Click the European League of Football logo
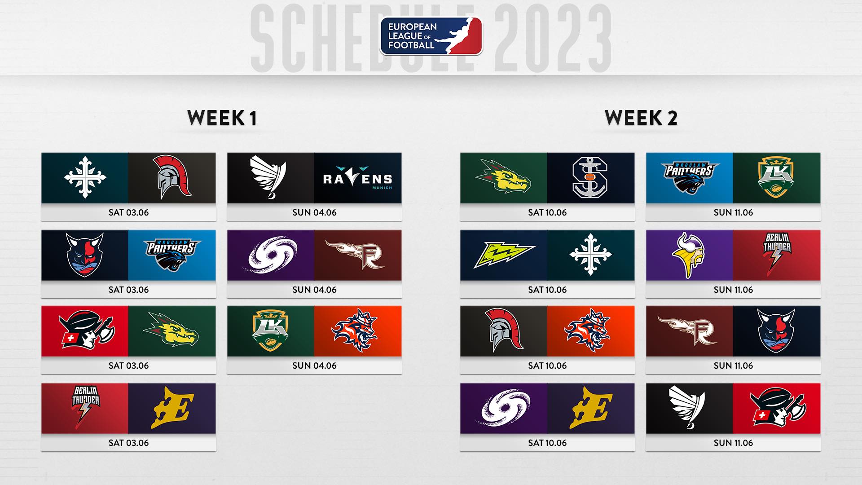(431, 36)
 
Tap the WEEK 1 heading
(222, 118)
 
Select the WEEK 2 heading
(641, 118)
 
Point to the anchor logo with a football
(590, 178)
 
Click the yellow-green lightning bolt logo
(504, 255)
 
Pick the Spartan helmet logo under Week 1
(172, 178)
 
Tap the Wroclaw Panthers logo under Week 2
(690, 178)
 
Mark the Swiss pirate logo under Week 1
(87, 331)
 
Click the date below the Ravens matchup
(314, 212)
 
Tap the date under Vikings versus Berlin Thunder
(733, 290)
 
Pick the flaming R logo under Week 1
(355, 255)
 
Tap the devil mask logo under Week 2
(776, 331)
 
